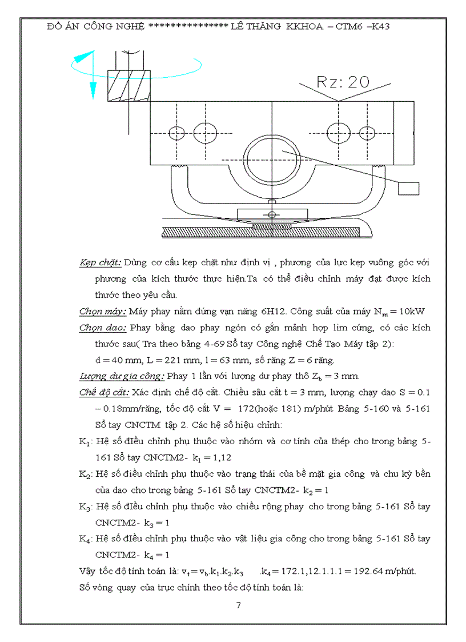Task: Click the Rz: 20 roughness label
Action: click(x=336, y=82)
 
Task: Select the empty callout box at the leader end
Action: click(x=408, y=188)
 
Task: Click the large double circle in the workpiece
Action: click(x=268, y=158)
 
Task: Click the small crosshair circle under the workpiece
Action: click(x=272, y=214)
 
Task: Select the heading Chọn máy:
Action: click(x=103, y=312)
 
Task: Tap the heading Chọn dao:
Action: click(x=102, y=328)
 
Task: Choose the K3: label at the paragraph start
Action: click(x=86, y=507)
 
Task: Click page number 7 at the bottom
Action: click(x=238, y=605)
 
